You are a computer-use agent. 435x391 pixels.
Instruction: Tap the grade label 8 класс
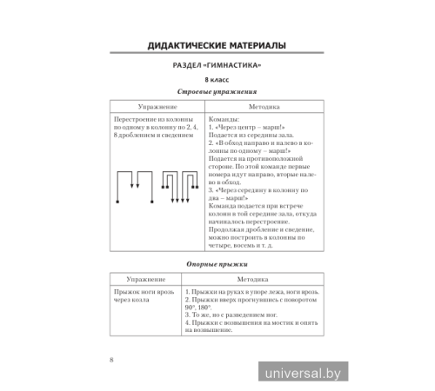click(x=217, y=82)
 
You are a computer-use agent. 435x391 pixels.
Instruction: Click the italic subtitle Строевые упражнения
click(x=217, y=93)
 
